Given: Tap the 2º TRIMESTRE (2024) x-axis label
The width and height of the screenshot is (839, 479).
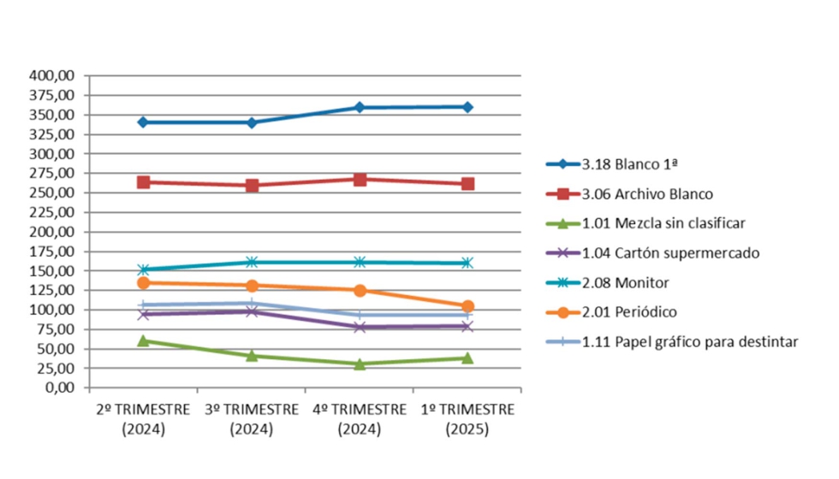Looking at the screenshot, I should (144, 419).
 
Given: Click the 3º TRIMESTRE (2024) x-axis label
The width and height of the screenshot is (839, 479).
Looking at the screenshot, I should (252, 419).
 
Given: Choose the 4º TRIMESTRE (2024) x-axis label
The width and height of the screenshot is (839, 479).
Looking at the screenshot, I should (360, 419).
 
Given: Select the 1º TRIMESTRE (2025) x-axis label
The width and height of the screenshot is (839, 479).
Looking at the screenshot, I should (467, 419).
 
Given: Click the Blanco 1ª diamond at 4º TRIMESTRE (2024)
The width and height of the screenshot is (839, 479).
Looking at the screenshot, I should (360, 108).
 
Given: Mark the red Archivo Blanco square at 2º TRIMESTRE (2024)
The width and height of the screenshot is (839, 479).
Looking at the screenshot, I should (144, 182).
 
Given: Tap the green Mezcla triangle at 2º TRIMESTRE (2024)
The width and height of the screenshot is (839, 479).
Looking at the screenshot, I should (144, 340).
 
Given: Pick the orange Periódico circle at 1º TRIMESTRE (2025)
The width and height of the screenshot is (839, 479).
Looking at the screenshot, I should (467, 306).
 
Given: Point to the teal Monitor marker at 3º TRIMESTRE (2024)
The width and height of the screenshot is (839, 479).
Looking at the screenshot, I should (252, 262).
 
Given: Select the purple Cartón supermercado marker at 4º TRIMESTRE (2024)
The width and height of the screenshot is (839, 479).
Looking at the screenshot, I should (360, 328).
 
